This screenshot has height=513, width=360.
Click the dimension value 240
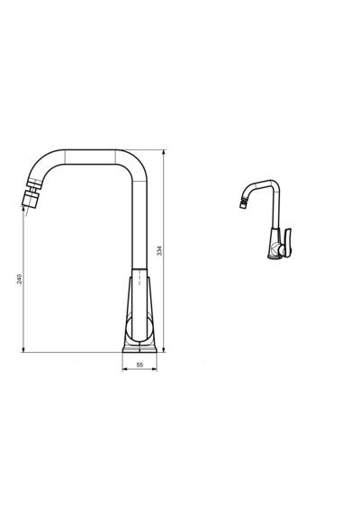pos(20,279)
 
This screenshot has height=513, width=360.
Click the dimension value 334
pos(159,250)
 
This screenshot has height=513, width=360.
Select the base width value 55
pos(139,364)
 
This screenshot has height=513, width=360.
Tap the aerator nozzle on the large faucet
pos(31,199)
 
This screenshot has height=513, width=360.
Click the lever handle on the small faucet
pos(287,242)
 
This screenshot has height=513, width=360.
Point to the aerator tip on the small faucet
pos(242,205)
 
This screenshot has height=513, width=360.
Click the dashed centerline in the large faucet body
pos(139,277)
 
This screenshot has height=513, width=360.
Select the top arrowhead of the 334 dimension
pos(164,152)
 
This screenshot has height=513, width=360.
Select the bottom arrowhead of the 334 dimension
pos(164,349)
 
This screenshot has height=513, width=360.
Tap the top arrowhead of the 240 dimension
pos(23,210)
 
